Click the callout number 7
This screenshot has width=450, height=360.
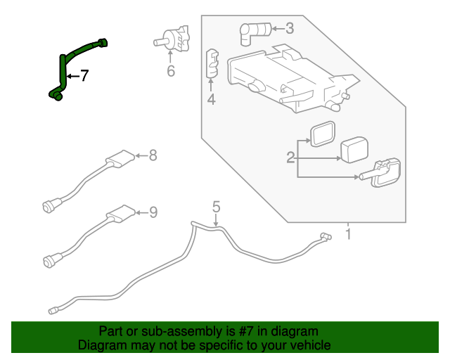coord(84,76)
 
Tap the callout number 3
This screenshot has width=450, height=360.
coord(290,29)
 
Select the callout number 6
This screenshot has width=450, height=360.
coord(170,71)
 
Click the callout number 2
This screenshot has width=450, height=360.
coord(290,158)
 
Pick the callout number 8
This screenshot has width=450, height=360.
coord(153,155)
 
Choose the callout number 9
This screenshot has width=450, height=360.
coord(153,212)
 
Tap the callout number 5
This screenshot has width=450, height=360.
coord(217,207)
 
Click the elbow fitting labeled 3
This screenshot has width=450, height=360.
coord(254,30)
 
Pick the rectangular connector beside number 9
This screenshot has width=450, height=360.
coord(120,213)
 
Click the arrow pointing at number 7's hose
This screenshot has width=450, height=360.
coord(72,76)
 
